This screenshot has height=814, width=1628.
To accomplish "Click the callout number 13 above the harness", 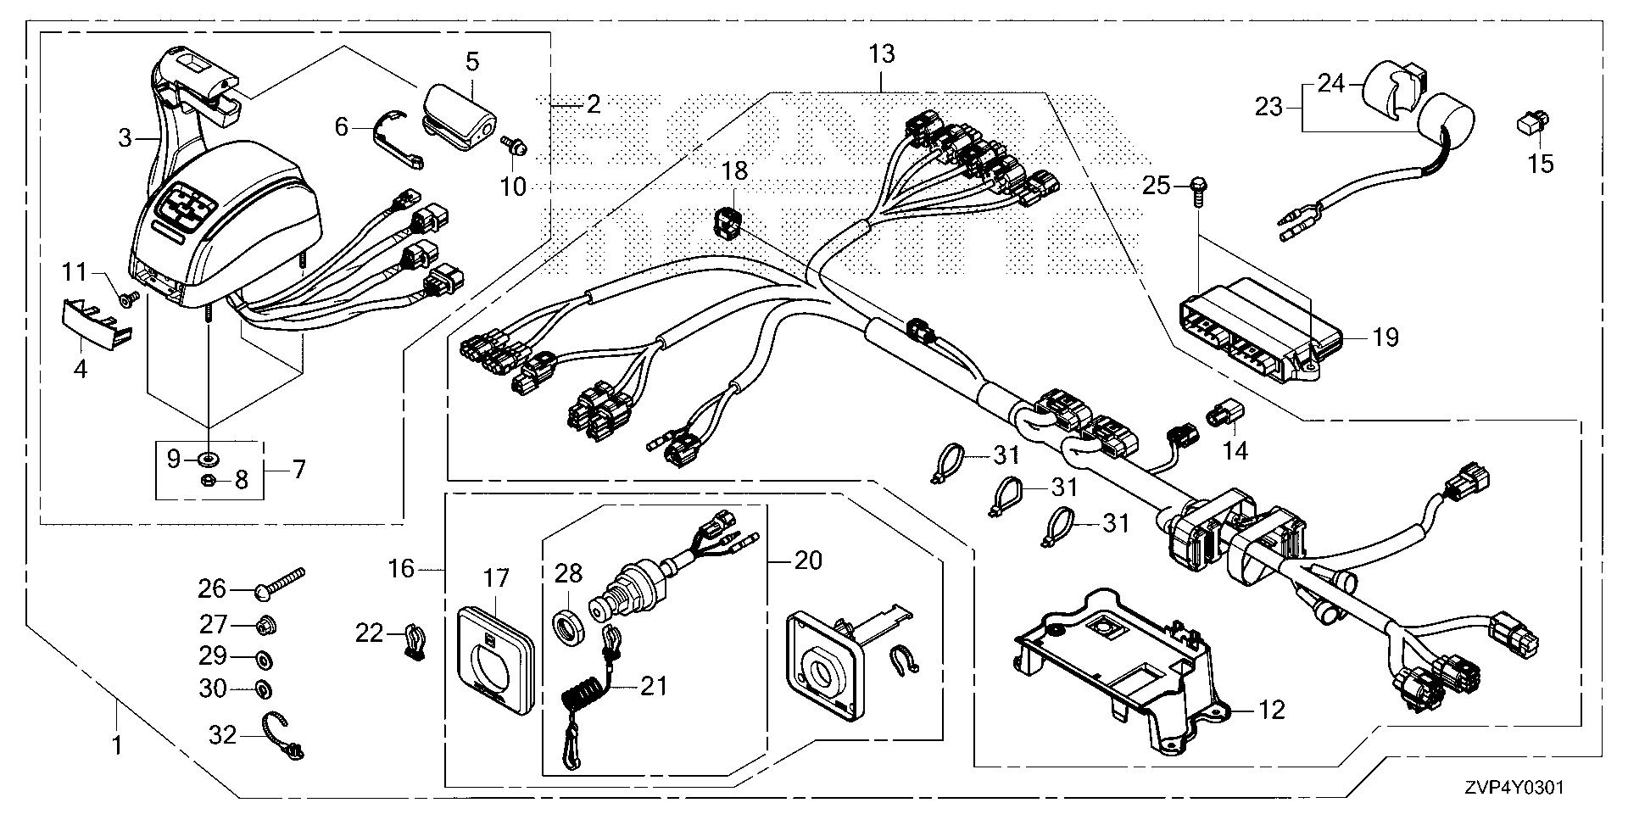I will (882, 54).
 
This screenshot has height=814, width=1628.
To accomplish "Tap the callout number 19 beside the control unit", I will (1385, 337).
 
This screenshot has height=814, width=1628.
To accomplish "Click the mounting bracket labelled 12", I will (1119, 670).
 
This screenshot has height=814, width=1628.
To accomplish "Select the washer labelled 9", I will (207, 460).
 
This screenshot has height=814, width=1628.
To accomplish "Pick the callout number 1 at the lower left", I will (117, 746).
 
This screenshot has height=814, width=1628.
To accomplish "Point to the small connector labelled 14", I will (1221, 415).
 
